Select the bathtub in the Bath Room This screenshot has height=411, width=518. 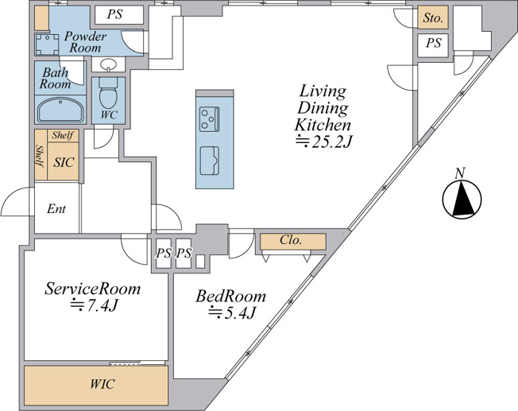pyautogui.click(x=60, y=110)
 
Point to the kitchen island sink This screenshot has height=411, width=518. pyautogui.click(x=210, y=161)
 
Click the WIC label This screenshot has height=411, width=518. pyautogui.click(x=102, y=384)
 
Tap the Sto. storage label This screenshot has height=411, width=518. pyautogui.click(x=433, y=17)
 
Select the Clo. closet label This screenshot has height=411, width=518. pyautogui.click(x=291, y=240)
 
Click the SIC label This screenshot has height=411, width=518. pyautogui.click(x=64, y=162)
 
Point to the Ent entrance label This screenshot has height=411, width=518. pyautogui.click(x=56, y=208)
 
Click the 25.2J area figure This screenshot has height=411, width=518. pyautogui.click(x=323, y=142)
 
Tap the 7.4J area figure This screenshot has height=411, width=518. pyautogui.click(x=94, y=305)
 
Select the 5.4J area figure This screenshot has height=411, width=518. pyautogui.click(x=231, y=312)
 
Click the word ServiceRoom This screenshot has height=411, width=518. pyautogui.click(x=92, y=289)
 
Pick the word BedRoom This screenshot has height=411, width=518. pyautogui.click(x=230, y=296)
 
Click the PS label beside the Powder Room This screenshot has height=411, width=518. pyautogui.click(x=114, y=14)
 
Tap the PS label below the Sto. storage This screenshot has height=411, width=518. pyautogui.click(x=433, y=43)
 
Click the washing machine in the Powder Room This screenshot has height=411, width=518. pyautogui.click(x=47, y=45)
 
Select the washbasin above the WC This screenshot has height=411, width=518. pyautogui.click(x=108, y=64)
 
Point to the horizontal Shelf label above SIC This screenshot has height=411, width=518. pyautogui.click(x=63, y=135)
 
